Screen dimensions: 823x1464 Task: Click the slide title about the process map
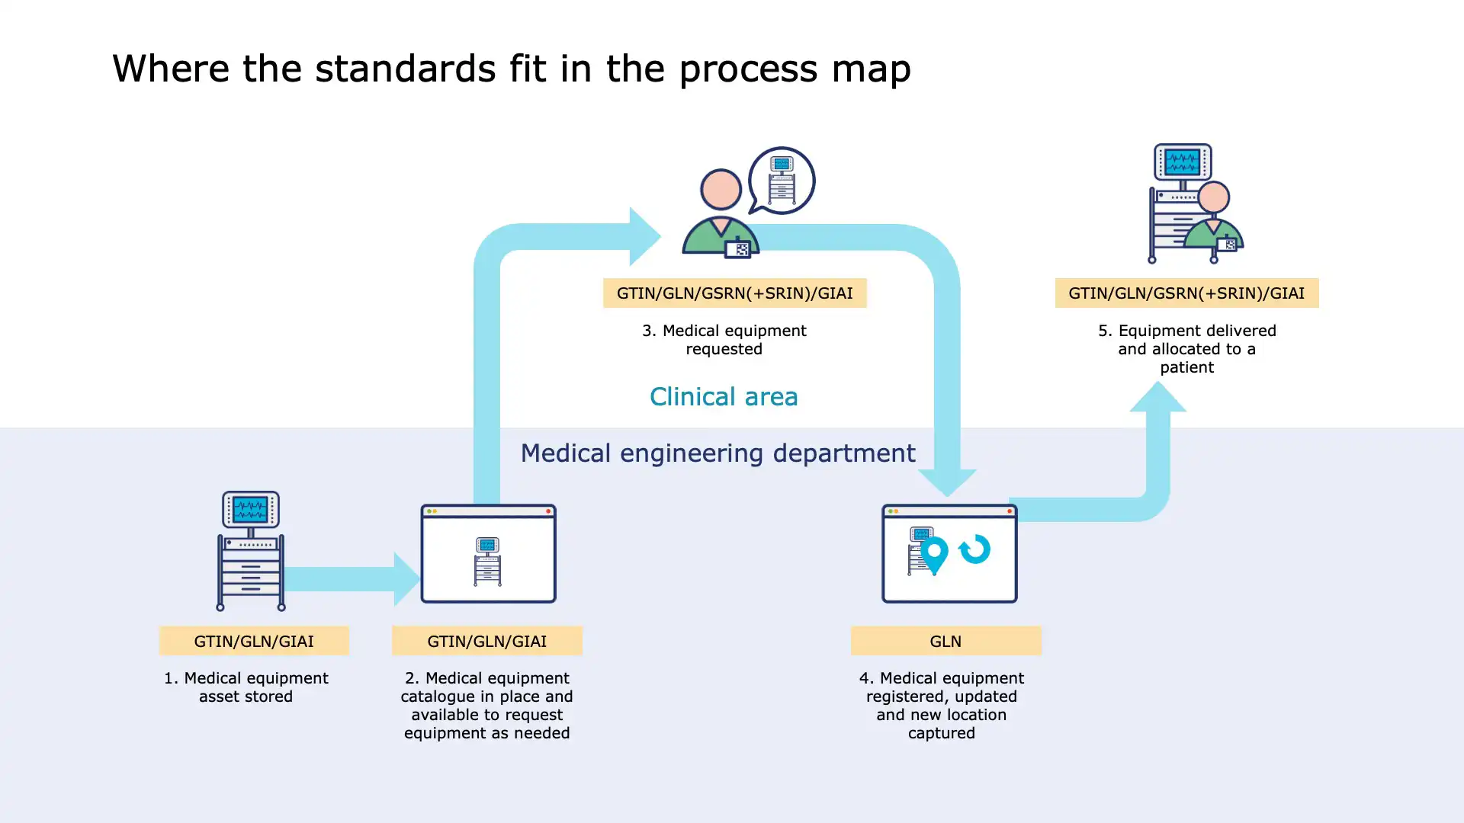point(511,69)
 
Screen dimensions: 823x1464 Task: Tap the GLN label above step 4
point(945,642)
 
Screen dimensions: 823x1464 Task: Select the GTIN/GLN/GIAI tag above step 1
point(254,642)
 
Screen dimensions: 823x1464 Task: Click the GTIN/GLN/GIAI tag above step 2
point(487,642)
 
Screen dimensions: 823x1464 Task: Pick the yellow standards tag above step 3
point(734,293)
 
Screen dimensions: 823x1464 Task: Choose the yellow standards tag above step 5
point(1186,293)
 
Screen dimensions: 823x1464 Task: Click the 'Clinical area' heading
point(724,397)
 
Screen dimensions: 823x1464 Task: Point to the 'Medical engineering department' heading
point(718,453)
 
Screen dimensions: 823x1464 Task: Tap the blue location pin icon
point(934,553)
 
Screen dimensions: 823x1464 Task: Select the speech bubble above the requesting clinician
point(782,181)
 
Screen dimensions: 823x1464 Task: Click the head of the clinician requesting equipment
point(721,190)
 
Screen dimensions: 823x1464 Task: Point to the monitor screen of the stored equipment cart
point(250,508)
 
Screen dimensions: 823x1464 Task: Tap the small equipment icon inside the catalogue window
point(487,561)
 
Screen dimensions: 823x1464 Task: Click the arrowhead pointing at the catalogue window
point(406,580)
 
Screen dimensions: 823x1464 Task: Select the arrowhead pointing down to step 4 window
point(947,482)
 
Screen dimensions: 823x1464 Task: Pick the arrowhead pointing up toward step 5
point(1157,397)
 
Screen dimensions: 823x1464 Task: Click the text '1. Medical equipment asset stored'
point(246,687)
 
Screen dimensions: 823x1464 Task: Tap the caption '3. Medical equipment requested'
point(724,340)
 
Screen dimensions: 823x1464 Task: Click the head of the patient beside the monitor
point(1213,198)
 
